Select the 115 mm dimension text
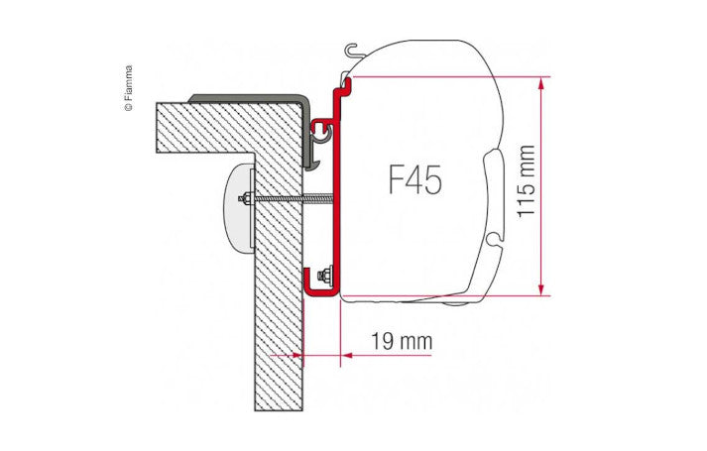(x=526, y=184)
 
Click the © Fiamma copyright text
(x=128, y=89)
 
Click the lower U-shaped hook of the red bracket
(x=320, y=287)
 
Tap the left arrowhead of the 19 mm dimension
(x=295, y=354)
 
